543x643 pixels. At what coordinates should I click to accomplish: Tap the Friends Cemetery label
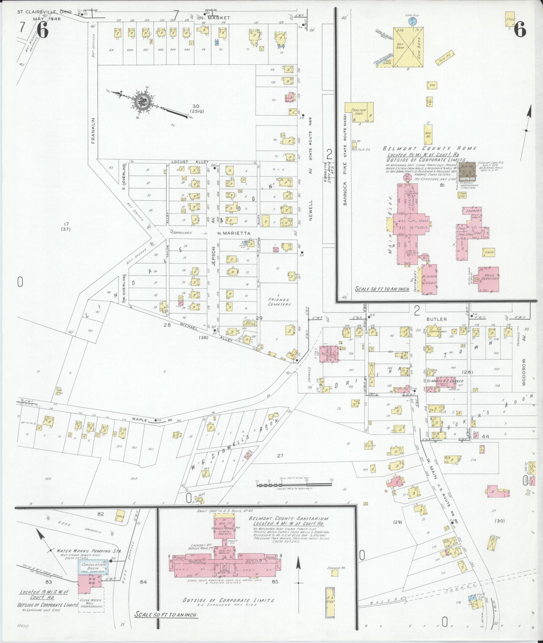(x=279, y=302)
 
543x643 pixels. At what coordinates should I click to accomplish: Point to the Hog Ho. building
(x=428, y=134)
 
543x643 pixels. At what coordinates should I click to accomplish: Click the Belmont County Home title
(x=430, y=148)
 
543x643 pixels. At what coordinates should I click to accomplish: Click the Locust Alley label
(x=185, y=162)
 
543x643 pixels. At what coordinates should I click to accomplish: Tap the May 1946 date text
(x=47, y=19)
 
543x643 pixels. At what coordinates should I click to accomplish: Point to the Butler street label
(x=436, y=319)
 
